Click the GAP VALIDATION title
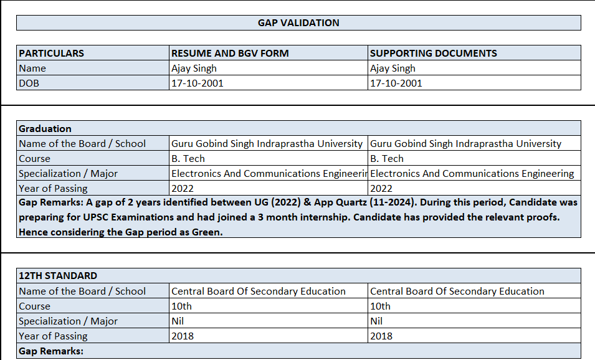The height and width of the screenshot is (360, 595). tap(298, 23)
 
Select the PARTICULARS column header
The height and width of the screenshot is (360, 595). tap(51, 54)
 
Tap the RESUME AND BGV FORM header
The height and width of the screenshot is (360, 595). tap(230, 54)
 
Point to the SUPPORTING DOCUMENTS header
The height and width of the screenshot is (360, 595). tap(433, 54)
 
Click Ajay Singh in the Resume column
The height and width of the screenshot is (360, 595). tap(194, 69)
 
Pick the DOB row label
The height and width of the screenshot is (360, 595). tap(29, 83)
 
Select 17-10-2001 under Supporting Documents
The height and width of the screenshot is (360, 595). tap(396, 83)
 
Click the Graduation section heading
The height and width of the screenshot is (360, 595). tap(45, 129)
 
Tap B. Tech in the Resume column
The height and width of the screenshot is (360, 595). tap(188, 159)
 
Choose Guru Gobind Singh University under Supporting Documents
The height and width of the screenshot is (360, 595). tap(465, 144)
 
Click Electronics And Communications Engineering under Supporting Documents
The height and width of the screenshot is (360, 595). tap(472, 174)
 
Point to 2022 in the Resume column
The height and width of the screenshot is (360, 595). tap(183, 189)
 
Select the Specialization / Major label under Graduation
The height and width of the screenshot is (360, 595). tap(68, 174)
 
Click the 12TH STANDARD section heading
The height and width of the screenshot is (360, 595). tap(58, 276)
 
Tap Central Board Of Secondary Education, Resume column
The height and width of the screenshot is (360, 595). tap(258, 291)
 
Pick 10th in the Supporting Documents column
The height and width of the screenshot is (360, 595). tap(380, 306)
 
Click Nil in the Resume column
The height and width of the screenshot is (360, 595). tap(178, 321)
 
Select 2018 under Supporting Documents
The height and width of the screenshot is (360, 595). tap(381, 336)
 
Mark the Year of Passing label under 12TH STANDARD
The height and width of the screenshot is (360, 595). tap(53, 336)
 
